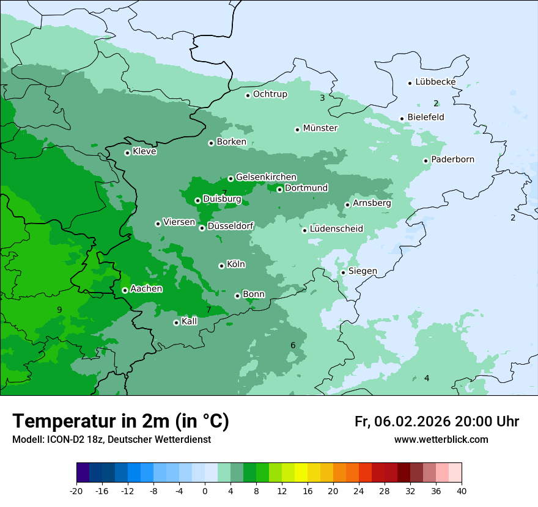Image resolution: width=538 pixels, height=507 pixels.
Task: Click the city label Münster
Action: pyautogui.click(x=320, y=128)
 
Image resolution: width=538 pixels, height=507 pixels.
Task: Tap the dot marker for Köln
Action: pyautogui.click(x=221, y=266)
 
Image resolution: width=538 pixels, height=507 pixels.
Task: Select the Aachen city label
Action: pyautogui.click(x=146, y=289)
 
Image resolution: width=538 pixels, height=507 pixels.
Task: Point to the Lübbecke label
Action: pyautogui.click(x=435, y=82)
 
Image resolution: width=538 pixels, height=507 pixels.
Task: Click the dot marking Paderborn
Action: pyautogui.click(x=426, y=161)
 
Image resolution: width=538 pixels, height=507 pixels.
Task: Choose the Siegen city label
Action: pyautogui.click(x=363, y=271)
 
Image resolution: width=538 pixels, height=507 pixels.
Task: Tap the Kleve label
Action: pyautogui.click(x=144, y=151)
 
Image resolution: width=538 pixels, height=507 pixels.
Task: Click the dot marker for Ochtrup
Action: pyautogui.click(x=248, y=95)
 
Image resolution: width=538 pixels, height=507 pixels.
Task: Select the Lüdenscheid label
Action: pyautogui.click(x=336, y=229)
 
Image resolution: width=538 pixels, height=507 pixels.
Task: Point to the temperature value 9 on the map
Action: pyautogui.click(x=59, y=310)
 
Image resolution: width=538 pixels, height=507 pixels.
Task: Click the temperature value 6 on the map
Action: pyautogui.click(x=293, y=346)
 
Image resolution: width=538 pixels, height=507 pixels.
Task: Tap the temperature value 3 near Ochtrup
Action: pyautogui.click(x=322, y=98)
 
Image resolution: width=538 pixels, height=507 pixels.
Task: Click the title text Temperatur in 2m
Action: pyautogui.click(x=121, y=421)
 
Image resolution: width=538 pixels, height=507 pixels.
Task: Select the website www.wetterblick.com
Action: pyautogui.click(x=441, y=440)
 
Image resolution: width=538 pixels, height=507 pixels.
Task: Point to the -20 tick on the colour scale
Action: pyautogui.click(x=76, y=491)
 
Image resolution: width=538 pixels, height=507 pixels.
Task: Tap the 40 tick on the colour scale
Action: pyautogui.click(x=462, y=491)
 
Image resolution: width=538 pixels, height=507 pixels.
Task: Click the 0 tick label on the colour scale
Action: pyautogui.click(x=205, y=491)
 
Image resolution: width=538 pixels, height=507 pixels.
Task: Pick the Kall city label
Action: pyautogui.click(x=190, y=321)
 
